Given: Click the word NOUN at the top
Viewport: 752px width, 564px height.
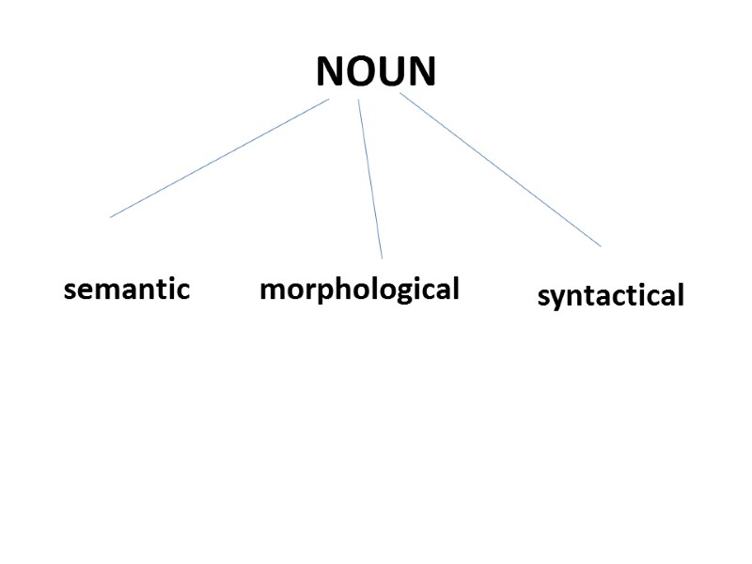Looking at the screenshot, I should (x=376, y=71).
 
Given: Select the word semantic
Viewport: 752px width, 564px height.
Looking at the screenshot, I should (x=127, y=289).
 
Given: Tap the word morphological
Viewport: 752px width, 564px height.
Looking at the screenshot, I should (x=359, y=289).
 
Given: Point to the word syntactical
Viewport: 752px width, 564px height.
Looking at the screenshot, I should (x=611, y=296).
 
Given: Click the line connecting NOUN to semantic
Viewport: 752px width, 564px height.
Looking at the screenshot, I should (x=219, y=158).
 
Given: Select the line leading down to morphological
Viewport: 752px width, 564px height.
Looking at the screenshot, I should (x=369, y=179).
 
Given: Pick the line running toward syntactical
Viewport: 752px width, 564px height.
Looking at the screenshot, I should (x=500, y=169).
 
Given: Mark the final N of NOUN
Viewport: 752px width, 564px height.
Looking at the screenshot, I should (x=421, y=71).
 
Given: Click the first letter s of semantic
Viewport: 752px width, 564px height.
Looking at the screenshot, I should (x=69, y=290).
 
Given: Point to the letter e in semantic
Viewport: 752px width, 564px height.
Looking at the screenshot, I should (x=83, y=290).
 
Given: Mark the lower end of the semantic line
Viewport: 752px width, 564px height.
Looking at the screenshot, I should (x=111, y=217).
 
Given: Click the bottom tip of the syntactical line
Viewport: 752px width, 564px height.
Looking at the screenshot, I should (x=600, y=246).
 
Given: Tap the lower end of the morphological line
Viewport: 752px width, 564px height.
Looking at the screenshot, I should (x=382, y=258).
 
